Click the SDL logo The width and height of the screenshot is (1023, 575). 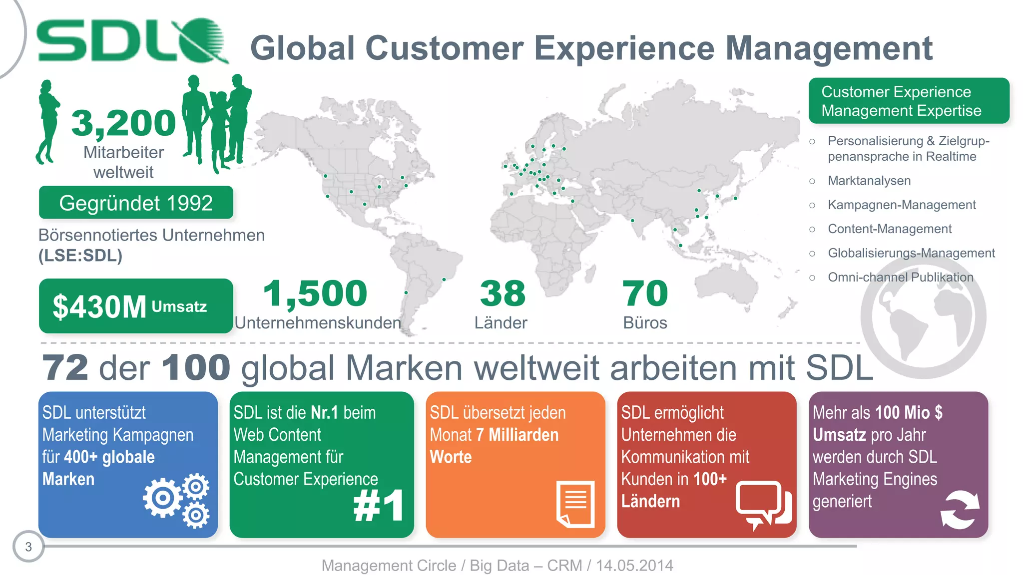[132, 41]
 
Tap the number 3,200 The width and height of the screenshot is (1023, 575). [123, 123]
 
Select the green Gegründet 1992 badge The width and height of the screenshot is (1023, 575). [136, 203]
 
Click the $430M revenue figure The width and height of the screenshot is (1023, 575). [99, 306]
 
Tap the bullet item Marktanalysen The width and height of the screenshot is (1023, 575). [869, 181]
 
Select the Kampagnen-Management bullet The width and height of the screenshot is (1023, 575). [901, 205]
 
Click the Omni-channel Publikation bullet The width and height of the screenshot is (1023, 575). [900, 277]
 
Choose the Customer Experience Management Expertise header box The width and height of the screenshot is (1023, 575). [909, 101]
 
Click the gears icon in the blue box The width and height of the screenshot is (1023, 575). [177, 500]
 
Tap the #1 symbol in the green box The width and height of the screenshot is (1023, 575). [379, 506]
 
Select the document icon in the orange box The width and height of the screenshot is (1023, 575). [576, 504]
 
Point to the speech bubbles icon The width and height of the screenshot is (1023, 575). [763, 505]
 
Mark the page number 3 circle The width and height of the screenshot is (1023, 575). [28, 547]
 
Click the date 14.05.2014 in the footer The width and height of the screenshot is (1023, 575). [634, 566]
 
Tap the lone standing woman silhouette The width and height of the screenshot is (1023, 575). [47, 122]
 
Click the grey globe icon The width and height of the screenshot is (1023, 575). [923, 317]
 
